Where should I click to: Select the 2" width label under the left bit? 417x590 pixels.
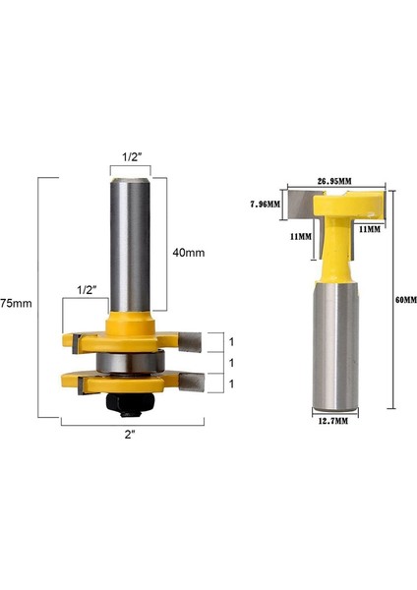point(131,435)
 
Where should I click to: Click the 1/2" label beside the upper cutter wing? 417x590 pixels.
point(86,290)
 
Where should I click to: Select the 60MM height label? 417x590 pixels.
point(404,298)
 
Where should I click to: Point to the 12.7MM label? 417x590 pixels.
point(333,424)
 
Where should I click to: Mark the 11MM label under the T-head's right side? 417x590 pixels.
point(369,229)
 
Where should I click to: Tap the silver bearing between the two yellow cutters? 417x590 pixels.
point(129,360)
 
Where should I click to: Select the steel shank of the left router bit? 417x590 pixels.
point(129,246)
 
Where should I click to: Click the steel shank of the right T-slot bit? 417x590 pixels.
point(333,344)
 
